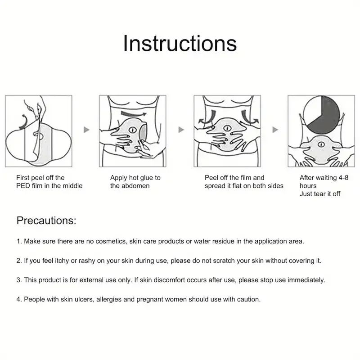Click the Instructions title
(180, 43)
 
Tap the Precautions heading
(46, 220)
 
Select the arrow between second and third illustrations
(181, 130)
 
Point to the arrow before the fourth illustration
(275, 130)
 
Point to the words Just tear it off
(320, 194)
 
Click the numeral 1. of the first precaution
(19, 241)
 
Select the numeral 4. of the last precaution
(19, 299)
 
